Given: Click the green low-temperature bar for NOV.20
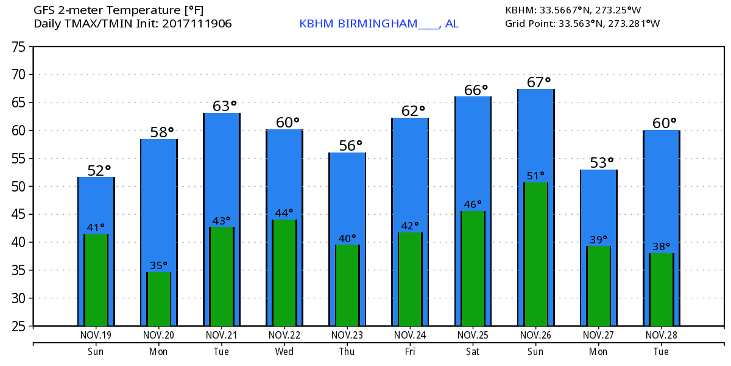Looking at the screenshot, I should pyautogui.click(x=158, y=299).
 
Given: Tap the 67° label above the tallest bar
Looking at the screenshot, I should pyautogui.click(x=539, y=82).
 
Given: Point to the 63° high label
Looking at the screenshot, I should pyautogui.click(x=224, y=106).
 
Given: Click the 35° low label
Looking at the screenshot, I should pyautogui.click(x=158, y=265).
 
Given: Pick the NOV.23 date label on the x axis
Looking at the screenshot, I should pyautogui.click(x=347, y=335).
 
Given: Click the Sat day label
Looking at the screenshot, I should pyautogui.click(x=473, y=351).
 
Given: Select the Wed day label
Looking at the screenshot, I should pyautogui.click(x=284, y=351).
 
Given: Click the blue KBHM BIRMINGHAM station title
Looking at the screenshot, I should pyautogui.click(x=378, y=24).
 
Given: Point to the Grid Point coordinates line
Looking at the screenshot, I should pyautogui.click(x=582, y=24).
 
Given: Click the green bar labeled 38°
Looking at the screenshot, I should pyautogui.click(x=661, y=289).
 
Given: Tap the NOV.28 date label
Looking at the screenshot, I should pyautogui.click(x=661, y=335).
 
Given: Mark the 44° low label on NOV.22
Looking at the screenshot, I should pyautogui.click(x=284, y=213).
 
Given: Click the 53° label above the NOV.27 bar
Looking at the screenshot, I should pyautogui.click(x=602, y=162).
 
